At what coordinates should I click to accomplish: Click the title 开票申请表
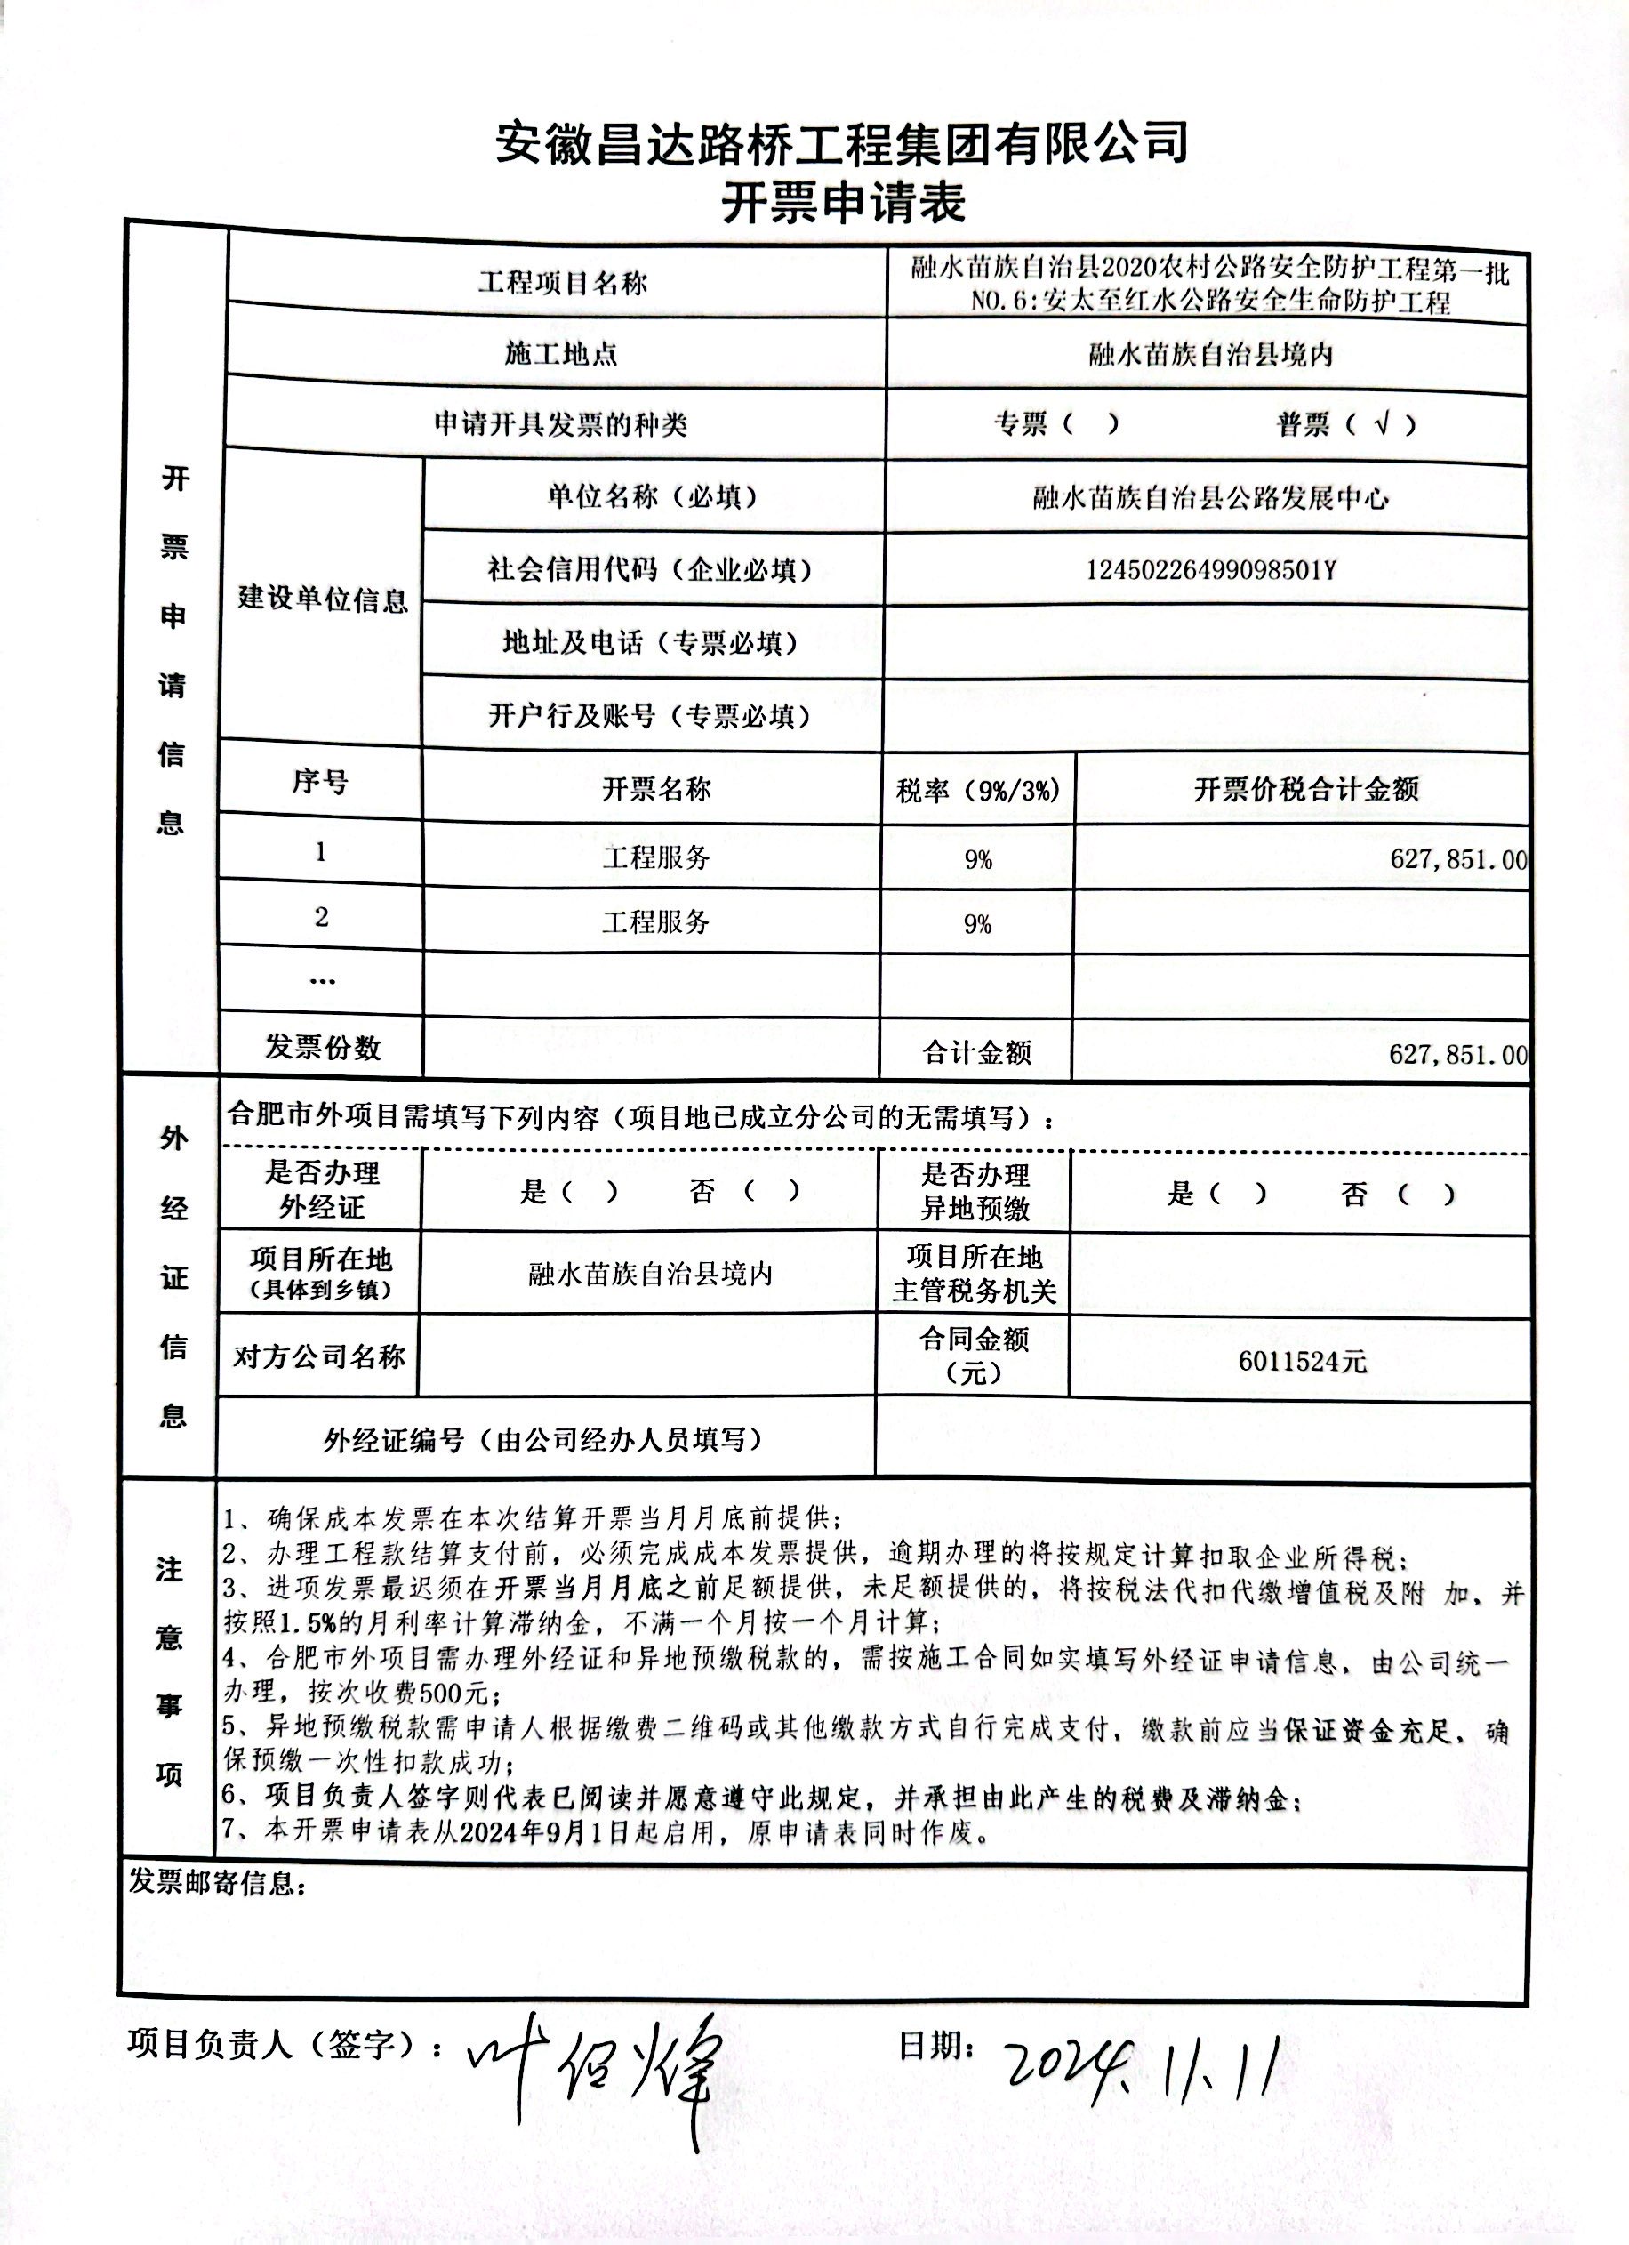(x=842, y=204)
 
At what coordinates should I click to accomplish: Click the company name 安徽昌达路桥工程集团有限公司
(x=841, y=143)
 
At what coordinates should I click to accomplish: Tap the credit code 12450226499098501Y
(x=1211, y=570)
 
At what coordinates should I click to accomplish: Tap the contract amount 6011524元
(x=1302, y=1362)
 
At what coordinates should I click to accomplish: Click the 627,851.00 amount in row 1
(x=1457, y=858)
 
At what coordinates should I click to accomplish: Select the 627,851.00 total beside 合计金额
(x=1457, y=1054)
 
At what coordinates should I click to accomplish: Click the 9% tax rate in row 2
(x=978, y=923)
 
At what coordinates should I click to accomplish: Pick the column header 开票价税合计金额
(x=1305, y=789)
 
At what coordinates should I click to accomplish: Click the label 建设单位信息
(x=323, y=599)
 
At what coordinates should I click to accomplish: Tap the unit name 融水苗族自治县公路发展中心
(x=1210, y=497)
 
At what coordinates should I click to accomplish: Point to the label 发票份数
(x=323, y=1047)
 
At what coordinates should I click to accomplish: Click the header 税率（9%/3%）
(x=978, y=790)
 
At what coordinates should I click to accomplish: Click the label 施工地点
(x=560, y=353)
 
